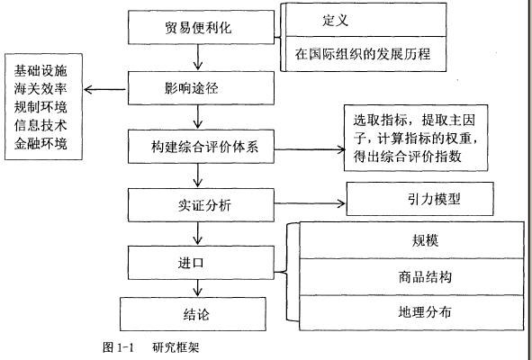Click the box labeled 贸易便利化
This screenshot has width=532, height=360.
coord(201,27)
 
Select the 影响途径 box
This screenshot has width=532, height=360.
coord(201,88)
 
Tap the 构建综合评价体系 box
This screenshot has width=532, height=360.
coord(201,146)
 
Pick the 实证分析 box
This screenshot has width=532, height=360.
coord(201,205)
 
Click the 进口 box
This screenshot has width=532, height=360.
coord(201,263)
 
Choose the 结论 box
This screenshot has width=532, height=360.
coord(193,314)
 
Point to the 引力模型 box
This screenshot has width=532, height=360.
coord(419,199)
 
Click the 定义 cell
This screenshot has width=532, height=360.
coord(365,20)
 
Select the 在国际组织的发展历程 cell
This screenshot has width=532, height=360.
coord(365,54)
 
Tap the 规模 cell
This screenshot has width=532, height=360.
coord(411,240)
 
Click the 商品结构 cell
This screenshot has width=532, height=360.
coord(411,277)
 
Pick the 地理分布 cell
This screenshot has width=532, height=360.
coord(411,312)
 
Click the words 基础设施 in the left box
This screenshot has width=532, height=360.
coord(41,70)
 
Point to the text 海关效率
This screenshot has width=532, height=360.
coord(41,89)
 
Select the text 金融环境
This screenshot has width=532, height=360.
coord(41,143)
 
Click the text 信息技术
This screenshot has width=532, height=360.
coord(41,125)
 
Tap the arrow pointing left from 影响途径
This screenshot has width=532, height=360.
coord(104,90)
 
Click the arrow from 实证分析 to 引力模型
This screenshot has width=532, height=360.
coord(310,203)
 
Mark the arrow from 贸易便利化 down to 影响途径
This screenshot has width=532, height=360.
coord(198,58)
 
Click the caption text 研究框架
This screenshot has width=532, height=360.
coord(176,347)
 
